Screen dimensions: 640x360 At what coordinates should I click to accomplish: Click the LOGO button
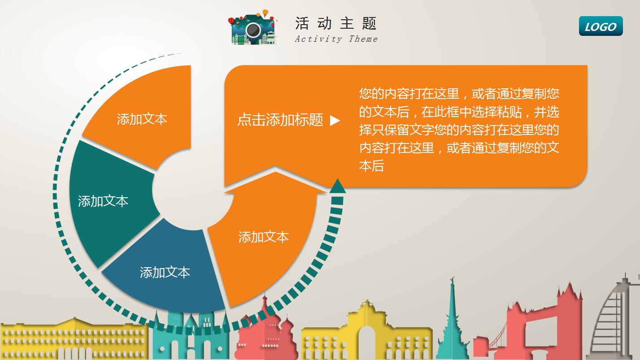coord(601,26)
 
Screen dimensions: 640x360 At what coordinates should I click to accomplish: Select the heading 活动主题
coord(336,23)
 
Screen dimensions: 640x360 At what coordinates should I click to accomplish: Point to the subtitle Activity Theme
coord(336,39)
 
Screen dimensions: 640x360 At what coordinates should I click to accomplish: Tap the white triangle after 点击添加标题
coord(335,120)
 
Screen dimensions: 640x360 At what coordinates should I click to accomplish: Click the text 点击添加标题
coord(280,120)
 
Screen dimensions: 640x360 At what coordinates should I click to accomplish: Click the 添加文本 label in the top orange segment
coord(142,119)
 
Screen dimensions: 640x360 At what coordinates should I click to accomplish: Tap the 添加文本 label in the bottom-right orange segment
coord(263,237)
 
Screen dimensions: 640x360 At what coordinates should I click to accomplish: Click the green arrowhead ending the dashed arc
coord(338,186)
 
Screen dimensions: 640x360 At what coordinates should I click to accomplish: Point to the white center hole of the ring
coord(193,190)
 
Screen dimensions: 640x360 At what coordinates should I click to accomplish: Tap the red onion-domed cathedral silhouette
coord(266,334)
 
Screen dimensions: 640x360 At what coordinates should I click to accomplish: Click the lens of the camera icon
coord(253,30)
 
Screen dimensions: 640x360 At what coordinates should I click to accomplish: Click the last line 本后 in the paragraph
coord(371,166)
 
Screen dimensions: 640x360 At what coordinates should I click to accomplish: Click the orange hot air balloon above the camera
coord(266,13)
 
